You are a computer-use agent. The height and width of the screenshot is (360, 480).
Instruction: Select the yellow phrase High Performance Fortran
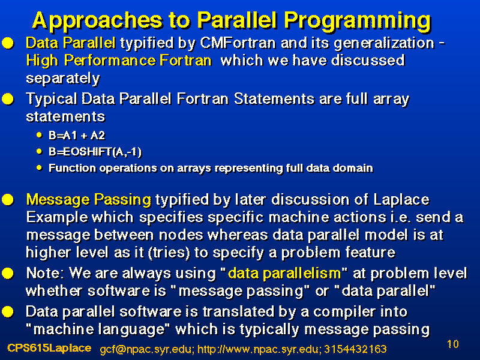[x=119, y=61]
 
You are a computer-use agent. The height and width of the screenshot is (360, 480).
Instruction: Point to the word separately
[x=63, y=79]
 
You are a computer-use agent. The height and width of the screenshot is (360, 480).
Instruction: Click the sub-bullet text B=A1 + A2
[x=77, y=136]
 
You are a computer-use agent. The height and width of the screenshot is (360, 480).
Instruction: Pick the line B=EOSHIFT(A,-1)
[x=95, y=152]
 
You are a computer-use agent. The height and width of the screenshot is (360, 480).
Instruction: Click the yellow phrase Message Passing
[x=88, y=200]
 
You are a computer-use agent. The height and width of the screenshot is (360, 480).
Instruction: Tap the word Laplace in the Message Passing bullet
[x=401, y=200]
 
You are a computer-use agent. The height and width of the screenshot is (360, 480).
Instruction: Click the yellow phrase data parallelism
[x=284, y=273]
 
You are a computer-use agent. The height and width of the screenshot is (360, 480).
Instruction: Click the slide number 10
[x=453, y=344]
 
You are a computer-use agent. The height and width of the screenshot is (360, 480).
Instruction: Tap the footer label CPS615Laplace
[x=49, y=348]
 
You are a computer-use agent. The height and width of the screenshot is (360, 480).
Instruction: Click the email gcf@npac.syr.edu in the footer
[x=147, y=349]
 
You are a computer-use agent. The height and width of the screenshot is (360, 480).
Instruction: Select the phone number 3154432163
[x=355, y=349]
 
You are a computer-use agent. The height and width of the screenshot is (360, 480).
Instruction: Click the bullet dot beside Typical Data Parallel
[x=8, y=99]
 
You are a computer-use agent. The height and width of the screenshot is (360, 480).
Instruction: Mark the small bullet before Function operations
[x=39, y=167]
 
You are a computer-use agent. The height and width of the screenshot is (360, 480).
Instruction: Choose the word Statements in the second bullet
[x=274, y=99]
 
